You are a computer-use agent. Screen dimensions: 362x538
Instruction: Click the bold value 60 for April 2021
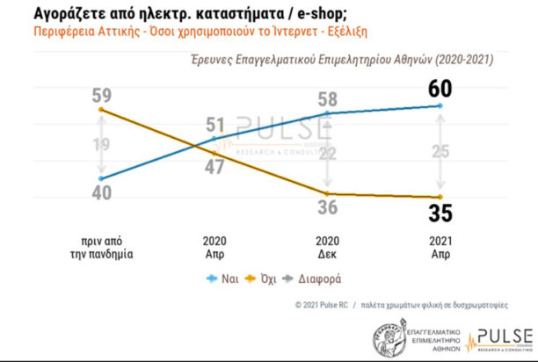click(x=440, y=88)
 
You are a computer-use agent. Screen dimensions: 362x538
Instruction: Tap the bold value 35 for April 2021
click(x=440, y=214)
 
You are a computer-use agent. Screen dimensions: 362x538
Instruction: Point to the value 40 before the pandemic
click(x=103, y=195)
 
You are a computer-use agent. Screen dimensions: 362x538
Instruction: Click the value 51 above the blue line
click(x=215, y=125)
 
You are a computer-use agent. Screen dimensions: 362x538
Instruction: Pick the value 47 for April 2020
click(x=215, y=167)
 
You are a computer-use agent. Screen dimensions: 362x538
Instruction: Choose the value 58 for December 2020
click(x=328, y=99)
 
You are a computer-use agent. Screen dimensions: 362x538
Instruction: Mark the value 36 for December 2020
click(x=328, y=208)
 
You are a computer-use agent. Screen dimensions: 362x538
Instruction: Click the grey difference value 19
click(x=103, y=145)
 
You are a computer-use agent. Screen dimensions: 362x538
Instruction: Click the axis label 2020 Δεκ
click(x=328, y=246)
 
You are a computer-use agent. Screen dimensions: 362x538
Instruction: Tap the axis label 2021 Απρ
click(x=440, y=246)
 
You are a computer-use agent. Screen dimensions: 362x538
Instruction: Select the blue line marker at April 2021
click(x=440, y=106)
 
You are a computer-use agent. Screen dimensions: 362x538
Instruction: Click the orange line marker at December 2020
click(x=328, y=193)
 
